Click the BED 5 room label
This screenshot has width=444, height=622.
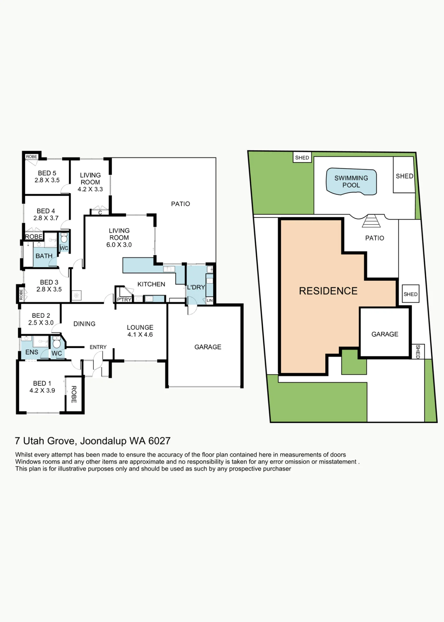point(47,173)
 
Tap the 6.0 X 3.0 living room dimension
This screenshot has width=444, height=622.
point(119,245)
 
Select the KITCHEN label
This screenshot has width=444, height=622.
point(151,284)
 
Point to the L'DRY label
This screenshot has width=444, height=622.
point(196,287)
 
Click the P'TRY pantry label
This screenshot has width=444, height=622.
point(124,299)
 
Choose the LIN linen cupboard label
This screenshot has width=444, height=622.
point(210,300)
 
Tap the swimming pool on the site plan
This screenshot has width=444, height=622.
point(351,182)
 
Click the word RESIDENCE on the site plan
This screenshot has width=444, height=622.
point(328,291)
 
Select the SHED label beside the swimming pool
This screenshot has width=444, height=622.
point(404,176)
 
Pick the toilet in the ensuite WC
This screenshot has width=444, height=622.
point(57,343)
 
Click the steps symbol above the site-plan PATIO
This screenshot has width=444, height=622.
point(371,221)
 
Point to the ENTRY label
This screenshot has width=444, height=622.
point(98,347)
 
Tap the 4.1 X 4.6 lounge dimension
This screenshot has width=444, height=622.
point(140,335)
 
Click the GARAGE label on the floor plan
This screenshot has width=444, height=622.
point(208,347)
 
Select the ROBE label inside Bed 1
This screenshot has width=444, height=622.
point(74,394)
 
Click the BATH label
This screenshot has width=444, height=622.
point(44,256)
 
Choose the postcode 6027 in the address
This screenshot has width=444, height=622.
point(159,441)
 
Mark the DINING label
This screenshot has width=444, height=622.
point(85,324)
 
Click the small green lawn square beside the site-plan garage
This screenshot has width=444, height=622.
point(354,362)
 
